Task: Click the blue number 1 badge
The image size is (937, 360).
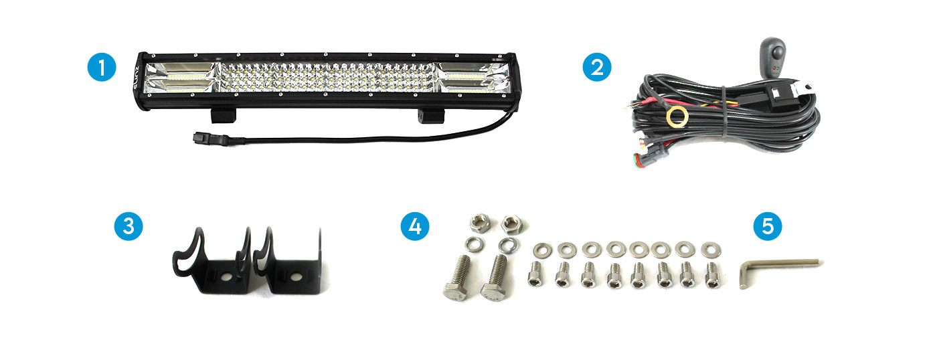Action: (x=102, y=67)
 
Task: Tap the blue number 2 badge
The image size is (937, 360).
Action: (x=597, y=67)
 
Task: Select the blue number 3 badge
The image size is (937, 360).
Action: (x=129, y=226)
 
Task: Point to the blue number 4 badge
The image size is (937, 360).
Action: (x=415, y=226)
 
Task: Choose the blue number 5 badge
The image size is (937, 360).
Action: (x=768, y=226)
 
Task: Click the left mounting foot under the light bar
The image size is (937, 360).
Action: (x=224, y=116)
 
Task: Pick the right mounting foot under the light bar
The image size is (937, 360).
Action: (x=431, y=116)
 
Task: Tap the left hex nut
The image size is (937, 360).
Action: (x=480, y=223)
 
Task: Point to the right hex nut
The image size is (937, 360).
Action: (x=511, y=224)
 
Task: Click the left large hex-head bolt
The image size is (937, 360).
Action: (x=458, y=279)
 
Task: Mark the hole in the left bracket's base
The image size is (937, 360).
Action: (x=227, y=276)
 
